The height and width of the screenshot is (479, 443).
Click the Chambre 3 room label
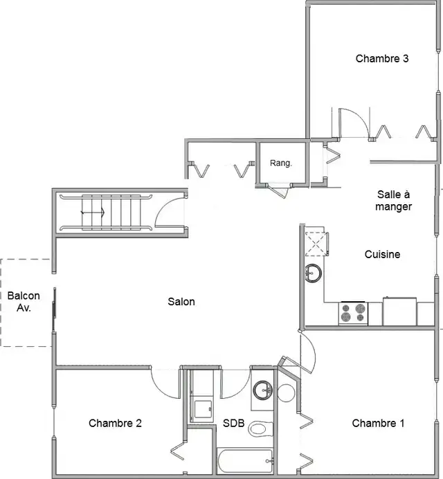(382, 58)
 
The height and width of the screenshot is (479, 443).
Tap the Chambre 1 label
(378, 423)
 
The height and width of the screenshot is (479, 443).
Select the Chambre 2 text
(115, 423)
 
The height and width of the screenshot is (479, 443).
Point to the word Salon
(181, 302)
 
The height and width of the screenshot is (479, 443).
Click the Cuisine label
(382, 254)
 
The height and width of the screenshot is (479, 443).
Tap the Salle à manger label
(393, 201)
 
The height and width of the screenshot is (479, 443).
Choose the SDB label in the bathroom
(234, 423)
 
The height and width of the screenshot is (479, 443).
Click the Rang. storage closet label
(281, 163)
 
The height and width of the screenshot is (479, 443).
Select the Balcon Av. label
(24, 302)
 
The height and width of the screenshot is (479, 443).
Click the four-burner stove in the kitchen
(353, 313)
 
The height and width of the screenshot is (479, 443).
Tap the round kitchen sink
(313, 273)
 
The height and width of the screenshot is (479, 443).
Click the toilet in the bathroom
(260, 428)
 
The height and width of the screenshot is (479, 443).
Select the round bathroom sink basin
(263, 390)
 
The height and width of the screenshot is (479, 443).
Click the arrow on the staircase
(93, 212)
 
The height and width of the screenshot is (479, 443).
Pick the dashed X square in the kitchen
(316, 244)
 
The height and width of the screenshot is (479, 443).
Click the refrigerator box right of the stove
(399, 311)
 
